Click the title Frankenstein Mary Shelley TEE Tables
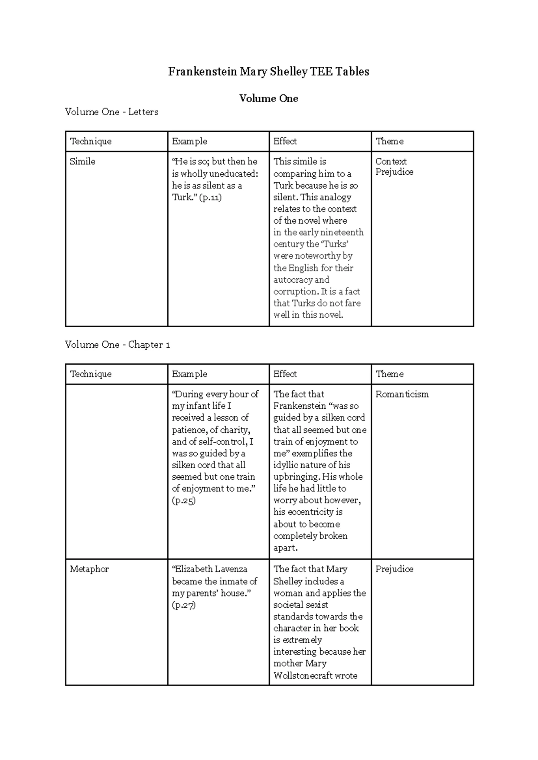[269, 72]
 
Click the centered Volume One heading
[269, 99]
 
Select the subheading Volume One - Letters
[112, 112]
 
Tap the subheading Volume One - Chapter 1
[117, 345]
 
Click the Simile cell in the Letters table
[82, 161]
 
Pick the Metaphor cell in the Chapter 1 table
[89, 569]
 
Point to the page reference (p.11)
[210, 197]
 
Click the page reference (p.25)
[184, 501]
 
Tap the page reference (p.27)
[184, 605]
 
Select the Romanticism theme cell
[402, 394]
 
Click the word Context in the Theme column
[391, 161]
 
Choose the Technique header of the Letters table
[91, 142]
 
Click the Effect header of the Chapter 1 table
[285, 374]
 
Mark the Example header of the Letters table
[190, 142]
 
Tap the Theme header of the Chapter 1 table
[389, 374]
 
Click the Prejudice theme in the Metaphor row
[394, 569]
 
